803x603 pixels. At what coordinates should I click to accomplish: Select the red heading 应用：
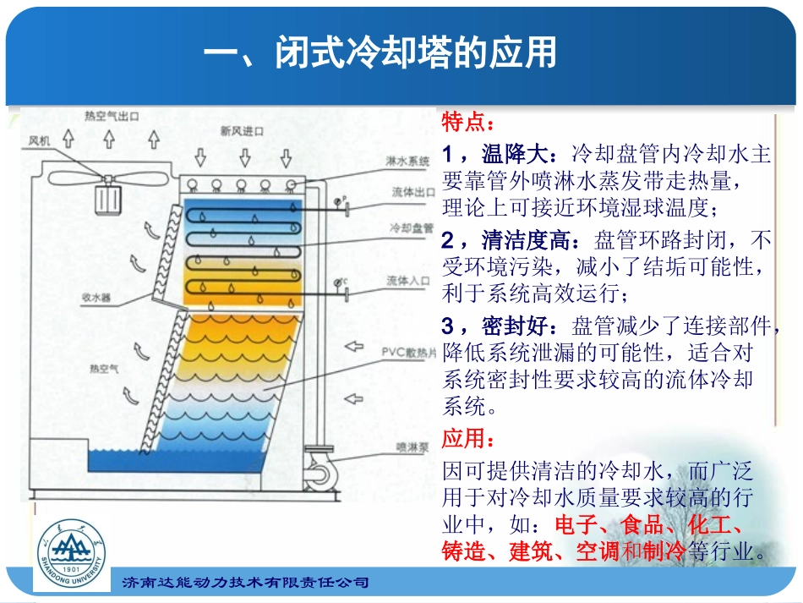[x=466, y=440]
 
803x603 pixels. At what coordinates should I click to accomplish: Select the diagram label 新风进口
[x=242, y=130]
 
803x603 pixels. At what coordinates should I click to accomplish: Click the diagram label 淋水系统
[x=408, y=160]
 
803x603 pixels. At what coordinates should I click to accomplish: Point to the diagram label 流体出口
[x=408, y=192]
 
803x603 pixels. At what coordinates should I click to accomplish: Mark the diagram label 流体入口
[x=409, y=280]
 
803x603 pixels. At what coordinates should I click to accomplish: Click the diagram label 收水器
[x=96, y=298]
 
